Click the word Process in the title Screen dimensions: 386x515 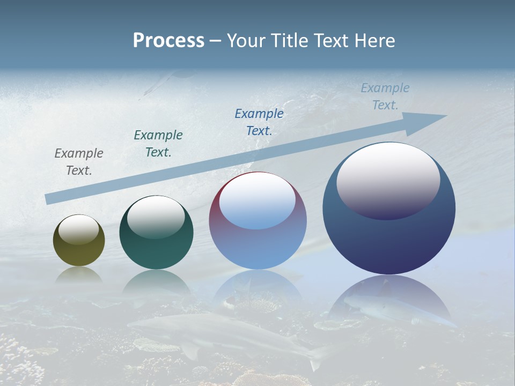click(x=168, y=41)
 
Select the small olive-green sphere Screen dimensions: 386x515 click(x=79, y=249)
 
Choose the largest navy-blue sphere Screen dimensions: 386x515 click(x=389, y=241)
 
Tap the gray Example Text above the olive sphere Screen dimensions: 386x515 click(x=79, y=162)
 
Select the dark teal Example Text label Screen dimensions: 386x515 click(x=158, y=143)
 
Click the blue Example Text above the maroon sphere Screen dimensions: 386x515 click(x=259, y=122)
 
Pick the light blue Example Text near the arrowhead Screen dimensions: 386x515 click(x=385, y=96)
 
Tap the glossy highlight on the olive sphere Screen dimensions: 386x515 click(x=79, y=229)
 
